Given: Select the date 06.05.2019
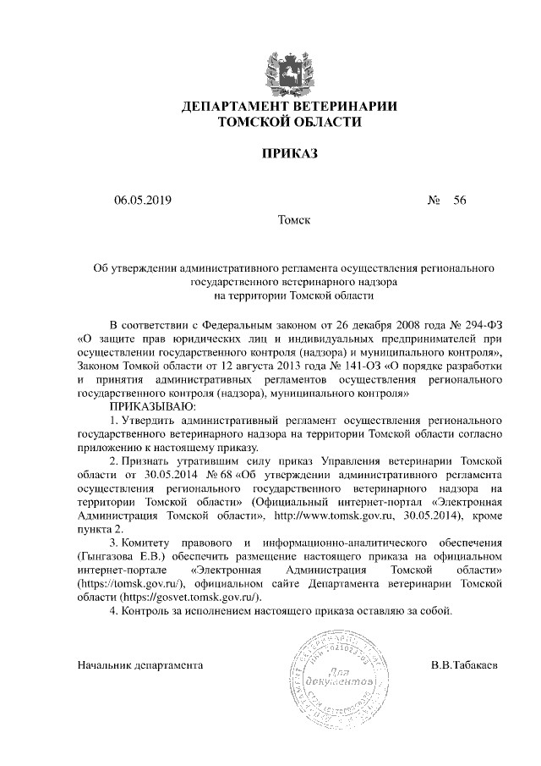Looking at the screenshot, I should pos(143,201).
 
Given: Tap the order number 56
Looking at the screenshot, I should pos(460,201).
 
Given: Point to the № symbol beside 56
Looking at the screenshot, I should pos(435,201).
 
